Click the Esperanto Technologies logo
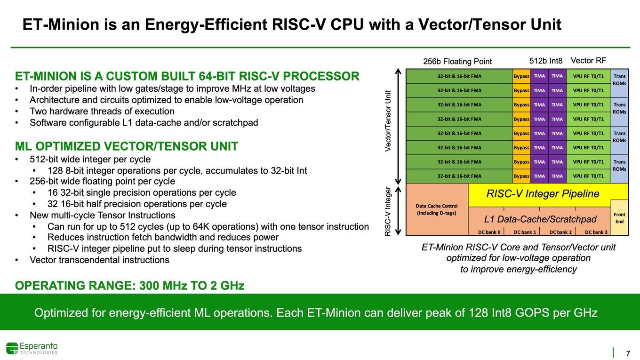pos(32,348)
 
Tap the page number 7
pos(628,353)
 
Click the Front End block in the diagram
pos(619,218)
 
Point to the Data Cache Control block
pos(437,209)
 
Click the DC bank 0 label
pos(489,232)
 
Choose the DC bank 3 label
pos(596,232)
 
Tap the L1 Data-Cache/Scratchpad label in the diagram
pos(540,219)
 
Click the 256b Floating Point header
pos(457,62)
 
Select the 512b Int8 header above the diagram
pos(546,61)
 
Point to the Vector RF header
pos(588,61)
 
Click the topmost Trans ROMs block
pos(619,80)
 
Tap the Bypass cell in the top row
pos(521,76)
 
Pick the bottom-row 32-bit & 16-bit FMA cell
pos(459,176)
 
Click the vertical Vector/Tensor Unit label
pos(388,121)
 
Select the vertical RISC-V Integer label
pos(388,211)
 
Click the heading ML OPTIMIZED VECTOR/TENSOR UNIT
pos(126,146)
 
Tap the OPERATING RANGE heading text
pos(129,286)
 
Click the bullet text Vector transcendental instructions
pos(99,260)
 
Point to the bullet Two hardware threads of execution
pos(102,111)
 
